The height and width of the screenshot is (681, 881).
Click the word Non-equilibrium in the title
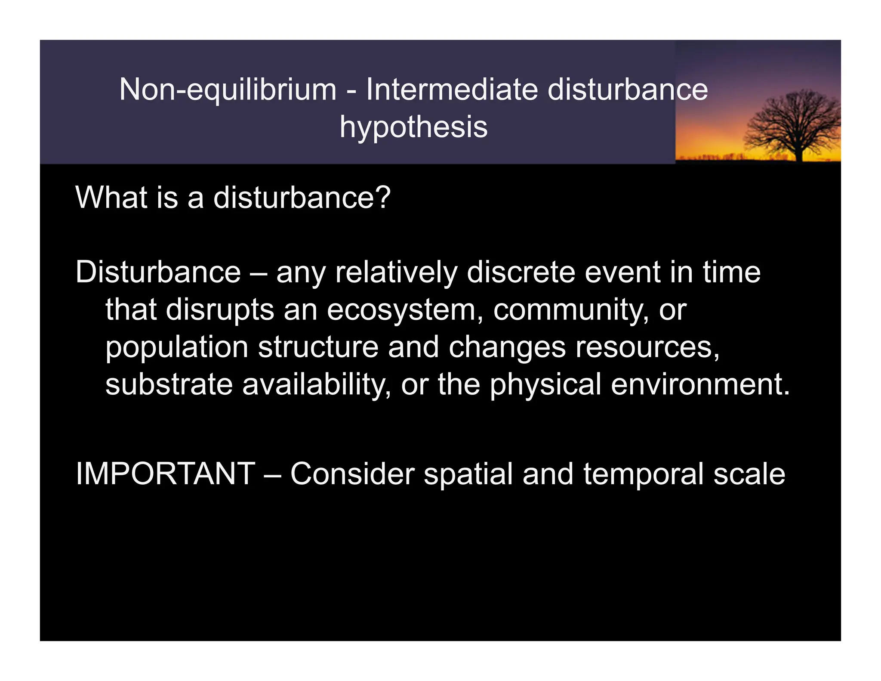228,90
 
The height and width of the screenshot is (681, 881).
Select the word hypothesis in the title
413,127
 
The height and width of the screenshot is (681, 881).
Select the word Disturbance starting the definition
158,272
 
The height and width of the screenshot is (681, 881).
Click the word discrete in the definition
521,272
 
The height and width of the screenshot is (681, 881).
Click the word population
177,348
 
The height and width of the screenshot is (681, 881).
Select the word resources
647,347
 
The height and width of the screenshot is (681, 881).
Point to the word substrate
169,384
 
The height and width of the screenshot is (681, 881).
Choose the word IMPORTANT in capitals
165,474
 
